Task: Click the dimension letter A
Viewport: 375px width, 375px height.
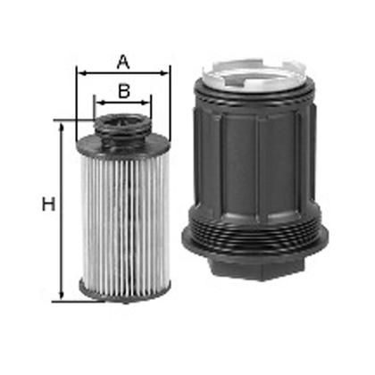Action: [123, 62]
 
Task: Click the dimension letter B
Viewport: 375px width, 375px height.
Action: [123, 89]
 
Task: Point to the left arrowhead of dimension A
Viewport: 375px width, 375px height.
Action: [81, 74]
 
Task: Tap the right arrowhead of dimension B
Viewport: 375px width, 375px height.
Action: [148, 101]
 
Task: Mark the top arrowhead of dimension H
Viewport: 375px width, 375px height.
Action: [62, 124]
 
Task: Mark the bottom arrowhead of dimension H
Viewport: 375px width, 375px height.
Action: [62, 296]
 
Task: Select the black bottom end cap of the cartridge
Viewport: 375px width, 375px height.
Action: [122, 287]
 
